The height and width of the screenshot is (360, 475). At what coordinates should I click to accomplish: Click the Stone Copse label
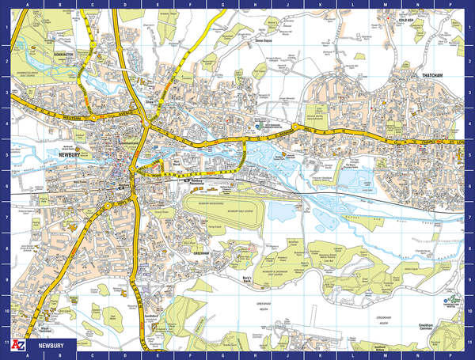pos(264,37)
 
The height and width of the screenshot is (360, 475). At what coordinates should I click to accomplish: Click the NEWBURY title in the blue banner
pos(49,345)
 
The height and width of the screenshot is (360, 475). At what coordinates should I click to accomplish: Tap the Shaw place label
pos(149,102)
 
